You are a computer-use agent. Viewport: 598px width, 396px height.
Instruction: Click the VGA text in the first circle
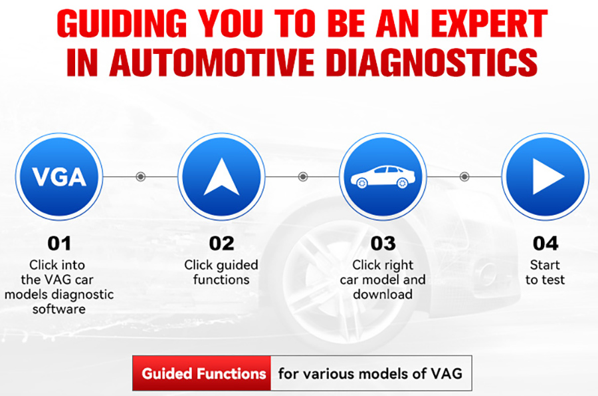pos(59,177)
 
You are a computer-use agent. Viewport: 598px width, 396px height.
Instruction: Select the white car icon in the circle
pos(383,177)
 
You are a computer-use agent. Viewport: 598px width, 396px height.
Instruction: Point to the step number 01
pos(59,243)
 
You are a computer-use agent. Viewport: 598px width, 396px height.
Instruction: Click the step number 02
pos(221,243)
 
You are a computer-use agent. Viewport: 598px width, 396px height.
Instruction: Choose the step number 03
pos(383,243)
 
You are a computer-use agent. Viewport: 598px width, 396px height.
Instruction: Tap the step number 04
pos(546,243)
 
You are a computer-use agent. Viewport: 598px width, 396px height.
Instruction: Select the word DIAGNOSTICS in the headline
pos(432,63)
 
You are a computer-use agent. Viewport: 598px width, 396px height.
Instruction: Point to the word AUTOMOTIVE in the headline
pos(212,63)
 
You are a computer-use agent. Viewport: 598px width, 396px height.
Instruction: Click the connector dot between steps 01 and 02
pos(141,177)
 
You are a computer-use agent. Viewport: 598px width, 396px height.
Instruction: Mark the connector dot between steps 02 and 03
pos(303,177)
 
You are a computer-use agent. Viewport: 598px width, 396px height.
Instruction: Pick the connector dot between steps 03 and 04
pos(464,177)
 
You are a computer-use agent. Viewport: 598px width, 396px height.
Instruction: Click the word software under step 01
pos(59,309)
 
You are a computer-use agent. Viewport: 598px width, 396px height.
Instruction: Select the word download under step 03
pos(383,294)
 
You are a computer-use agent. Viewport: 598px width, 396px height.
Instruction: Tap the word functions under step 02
pos(221,280)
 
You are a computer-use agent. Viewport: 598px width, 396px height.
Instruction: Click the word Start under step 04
pos(545,265)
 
